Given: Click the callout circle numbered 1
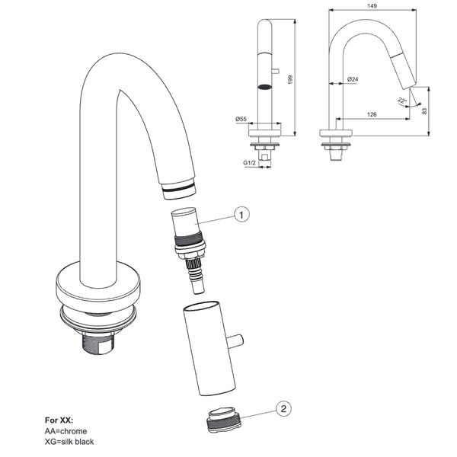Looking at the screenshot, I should pos(241,215).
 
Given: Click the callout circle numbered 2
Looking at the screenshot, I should pos(283,409).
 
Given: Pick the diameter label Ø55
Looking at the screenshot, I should pos(240,119).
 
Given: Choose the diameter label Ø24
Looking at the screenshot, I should pos(353,79).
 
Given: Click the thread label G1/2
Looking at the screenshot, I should pos(249,163).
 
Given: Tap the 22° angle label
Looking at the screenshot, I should pos(401,100).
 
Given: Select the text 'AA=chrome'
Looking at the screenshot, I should pos(66,431).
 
